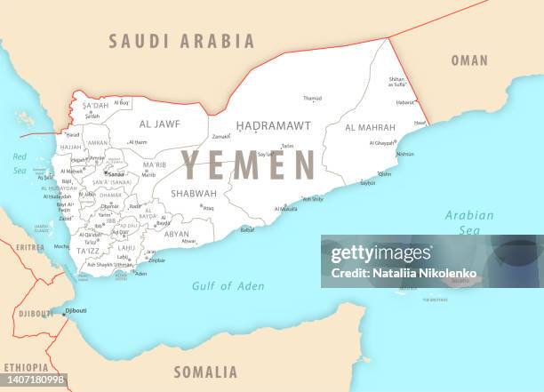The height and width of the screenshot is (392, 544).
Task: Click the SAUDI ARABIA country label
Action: tap(181, 41)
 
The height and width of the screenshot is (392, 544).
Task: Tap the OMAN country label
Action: tap(469, 60)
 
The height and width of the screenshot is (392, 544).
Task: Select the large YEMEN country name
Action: tap(248, 165)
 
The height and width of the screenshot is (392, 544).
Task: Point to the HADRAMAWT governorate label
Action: tap(273, 126)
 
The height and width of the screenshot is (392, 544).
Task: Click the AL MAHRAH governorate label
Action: tap(369, 127)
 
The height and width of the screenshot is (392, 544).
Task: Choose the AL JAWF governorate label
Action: tap(160, 124)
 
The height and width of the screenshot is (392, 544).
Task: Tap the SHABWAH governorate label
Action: tap(194, 193)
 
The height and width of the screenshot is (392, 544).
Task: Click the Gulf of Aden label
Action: tap(228, 285)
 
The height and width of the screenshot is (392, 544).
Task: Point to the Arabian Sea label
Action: tap(468, 222)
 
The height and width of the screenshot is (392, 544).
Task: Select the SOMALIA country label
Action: tap(205, 372)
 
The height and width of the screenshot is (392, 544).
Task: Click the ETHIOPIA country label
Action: tap(25, 367)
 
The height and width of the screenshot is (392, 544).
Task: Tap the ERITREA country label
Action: tap(29, 247)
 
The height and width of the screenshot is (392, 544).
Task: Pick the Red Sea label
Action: tap(20, 164)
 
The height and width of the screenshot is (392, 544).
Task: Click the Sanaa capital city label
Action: tap(116, 174)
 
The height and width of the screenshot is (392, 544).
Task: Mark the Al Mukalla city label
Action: tap(286, 209)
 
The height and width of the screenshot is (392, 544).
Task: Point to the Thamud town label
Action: tap(312, 99)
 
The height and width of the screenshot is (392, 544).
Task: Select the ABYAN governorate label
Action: tap(176, 234)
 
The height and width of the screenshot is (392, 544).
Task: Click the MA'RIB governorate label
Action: tap(155, 164)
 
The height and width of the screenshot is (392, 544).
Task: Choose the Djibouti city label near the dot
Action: tap(76, 310)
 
